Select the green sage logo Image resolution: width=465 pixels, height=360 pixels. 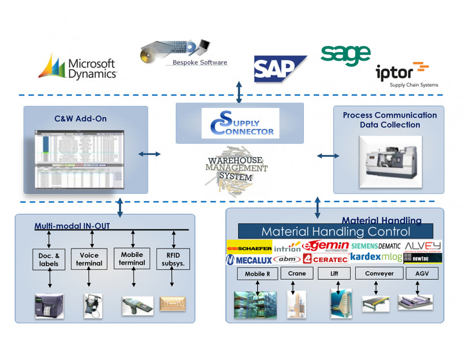345,55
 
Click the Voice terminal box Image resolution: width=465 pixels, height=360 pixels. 89,259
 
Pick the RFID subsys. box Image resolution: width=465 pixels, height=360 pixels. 173,259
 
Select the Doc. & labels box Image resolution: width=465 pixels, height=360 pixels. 50,259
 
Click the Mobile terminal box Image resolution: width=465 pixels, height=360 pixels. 132,259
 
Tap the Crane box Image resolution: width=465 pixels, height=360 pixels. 297,273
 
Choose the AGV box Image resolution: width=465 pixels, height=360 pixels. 422,273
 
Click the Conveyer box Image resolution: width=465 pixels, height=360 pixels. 378,273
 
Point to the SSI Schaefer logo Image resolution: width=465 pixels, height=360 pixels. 249,247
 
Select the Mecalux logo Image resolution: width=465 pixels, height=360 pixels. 248,259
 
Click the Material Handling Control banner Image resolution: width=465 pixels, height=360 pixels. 335,231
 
